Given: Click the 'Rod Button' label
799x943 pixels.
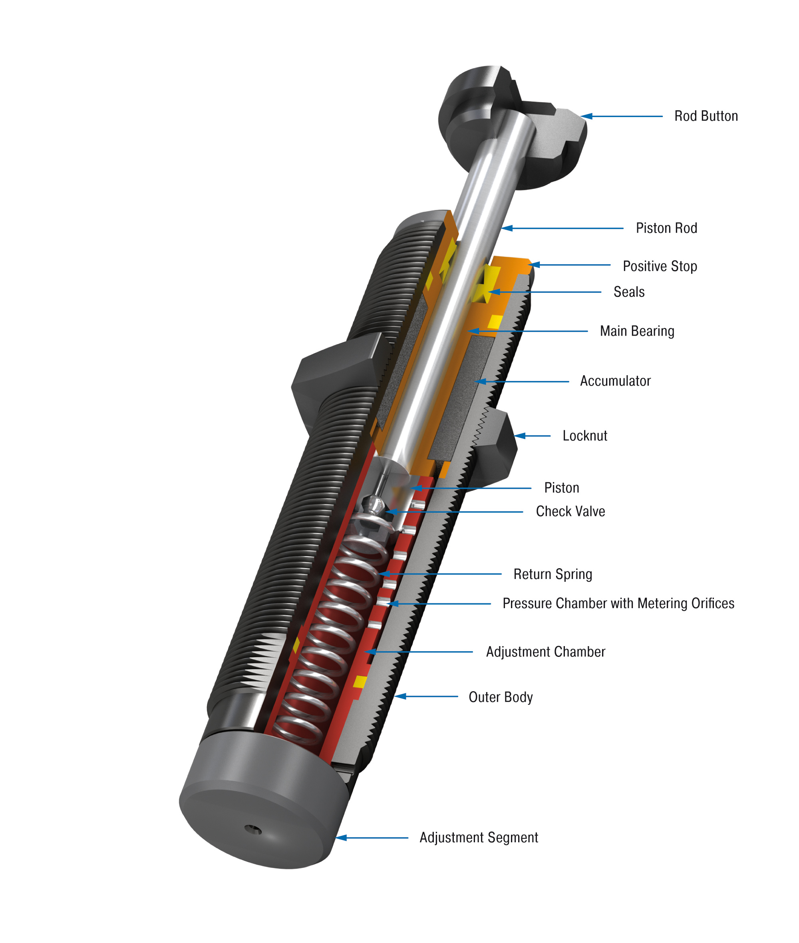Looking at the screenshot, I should pyautogui.click(x=706, y=116).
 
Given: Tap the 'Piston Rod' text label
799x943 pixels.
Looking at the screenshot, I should pyautogui.click(x=666, y=228).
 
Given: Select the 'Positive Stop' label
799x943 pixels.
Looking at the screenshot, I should pyautogui.click(x=660, y=267).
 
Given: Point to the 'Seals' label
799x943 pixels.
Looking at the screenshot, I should pyautogui.click(x=629, y=292).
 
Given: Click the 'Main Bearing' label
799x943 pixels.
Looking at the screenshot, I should pyautogui.click(x=637, y=332).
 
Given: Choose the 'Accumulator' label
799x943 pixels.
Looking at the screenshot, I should pyautogui.click(x=615, y=381).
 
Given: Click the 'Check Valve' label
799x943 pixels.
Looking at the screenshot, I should pyautogui.click(x=570, y=512).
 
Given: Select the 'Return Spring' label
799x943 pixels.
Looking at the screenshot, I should pyautogui.click(x=553, y=575).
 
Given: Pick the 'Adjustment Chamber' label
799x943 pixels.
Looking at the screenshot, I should pyautogui.click(x=545, y=652).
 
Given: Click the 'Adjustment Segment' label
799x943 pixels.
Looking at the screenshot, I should pyautogui.click(x=479, y=838).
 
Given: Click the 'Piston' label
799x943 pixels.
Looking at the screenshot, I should pyautogui.click(x=561, y=488).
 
